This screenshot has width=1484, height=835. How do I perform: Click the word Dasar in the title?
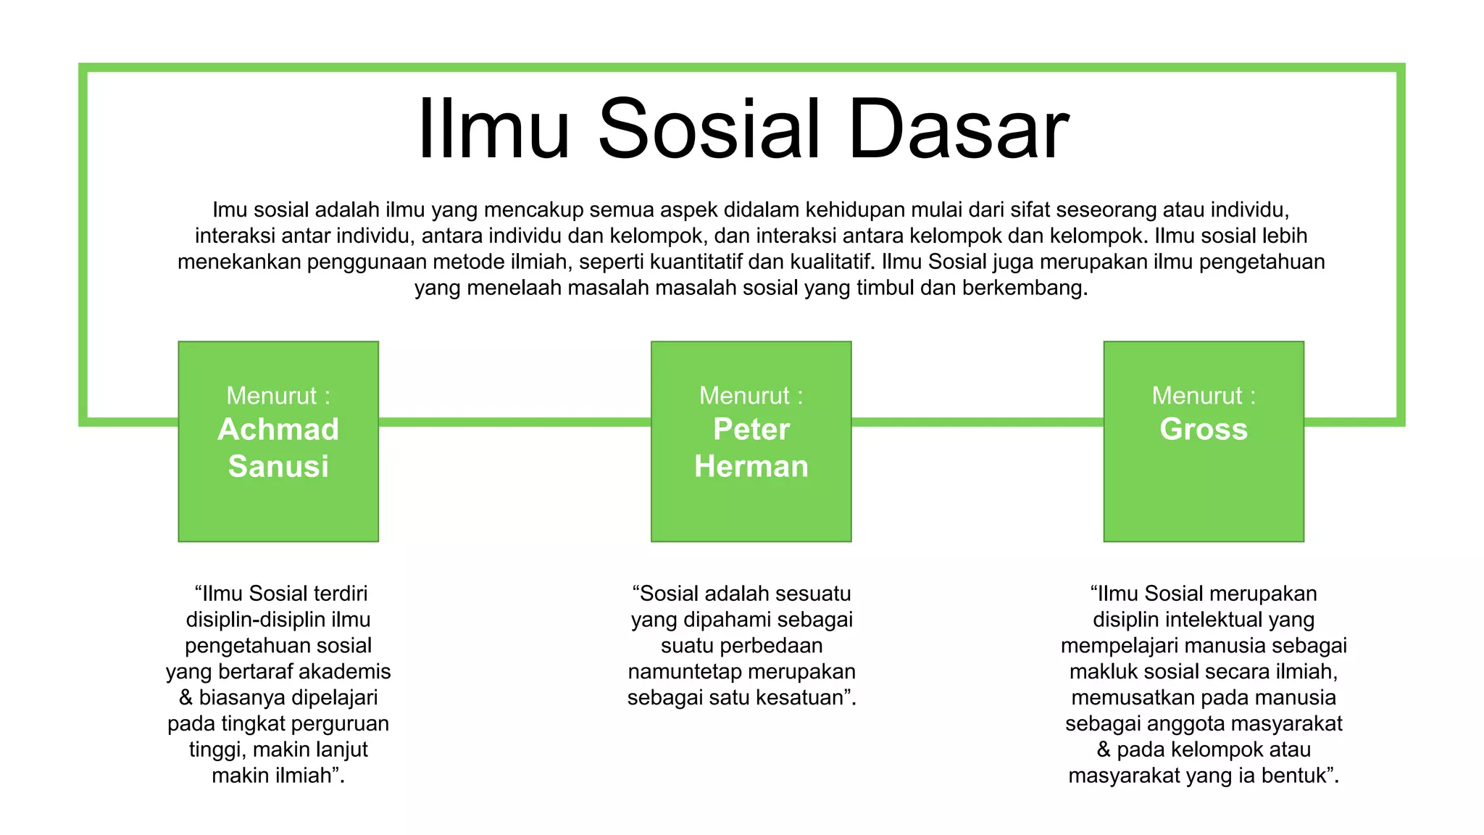[958, 130]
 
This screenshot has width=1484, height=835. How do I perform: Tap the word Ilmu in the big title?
[493, 130]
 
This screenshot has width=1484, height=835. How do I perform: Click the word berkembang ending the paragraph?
[1025, 288]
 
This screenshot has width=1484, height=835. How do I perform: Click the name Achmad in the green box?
[278, 429]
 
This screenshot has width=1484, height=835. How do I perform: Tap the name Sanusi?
[278, 466]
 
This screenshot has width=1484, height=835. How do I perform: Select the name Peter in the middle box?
[751, 429]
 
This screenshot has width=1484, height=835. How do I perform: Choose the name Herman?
[751, 466]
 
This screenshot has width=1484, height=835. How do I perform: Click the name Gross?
[1204, 429]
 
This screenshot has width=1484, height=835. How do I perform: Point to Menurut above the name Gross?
[1197, 396]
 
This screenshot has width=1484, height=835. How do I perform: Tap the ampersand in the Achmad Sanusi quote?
[186, 697]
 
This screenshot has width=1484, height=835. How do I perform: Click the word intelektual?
[1214, 620]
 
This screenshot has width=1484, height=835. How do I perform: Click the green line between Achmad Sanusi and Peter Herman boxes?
[514, 422]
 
